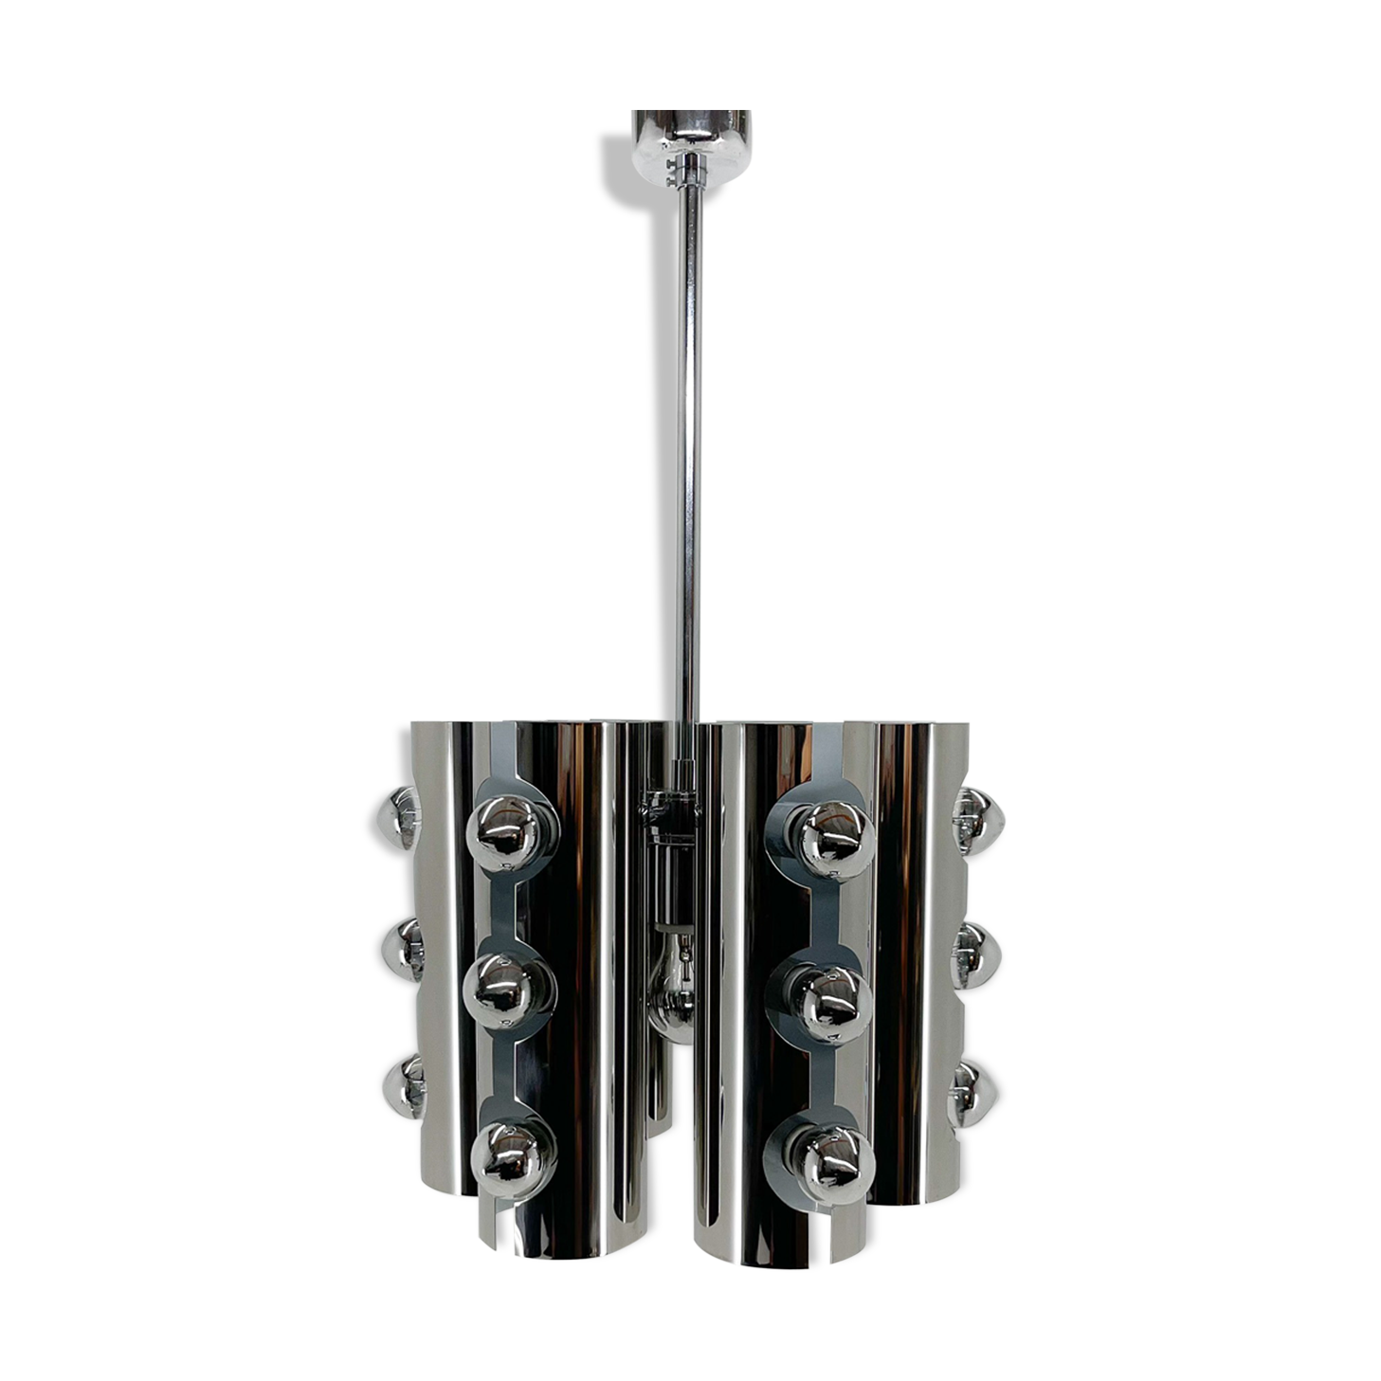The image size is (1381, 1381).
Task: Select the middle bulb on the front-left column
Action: point(512,990)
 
